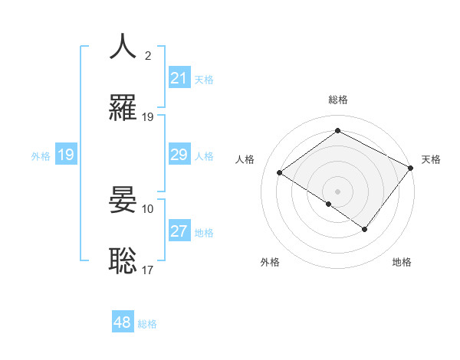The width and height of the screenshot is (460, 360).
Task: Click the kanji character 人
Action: coord(123,47)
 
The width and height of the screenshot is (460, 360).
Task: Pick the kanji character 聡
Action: coord(123,260)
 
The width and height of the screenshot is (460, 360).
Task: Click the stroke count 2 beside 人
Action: coord(148,56)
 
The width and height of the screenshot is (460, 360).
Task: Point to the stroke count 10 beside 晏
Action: coord(148,208)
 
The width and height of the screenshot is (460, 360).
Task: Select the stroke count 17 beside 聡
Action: coord(148,270)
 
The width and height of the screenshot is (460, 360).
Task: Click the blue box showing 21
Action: coord(179,78)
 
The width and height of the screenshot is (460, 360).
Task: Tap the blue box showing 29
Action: coord(179,155)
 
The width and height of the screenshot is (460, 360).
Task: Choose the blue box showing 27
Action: coord(179,231)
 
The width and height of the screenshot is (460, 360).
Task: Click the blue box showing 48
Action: coord(123,322)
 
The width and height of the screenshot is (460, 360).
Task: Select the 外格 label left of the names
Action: coord(41,155)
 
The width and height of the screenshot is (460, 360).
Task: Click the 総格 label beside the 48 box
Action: coord(147,324)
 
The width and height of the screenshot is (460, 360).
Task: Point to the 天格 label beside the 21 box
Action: coord(203,80)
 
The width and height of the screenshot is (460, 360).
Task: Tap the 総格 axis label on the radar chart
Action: coord(337,100)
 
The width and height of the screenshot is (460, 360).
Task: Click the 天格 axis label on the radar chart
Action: coord(431,159)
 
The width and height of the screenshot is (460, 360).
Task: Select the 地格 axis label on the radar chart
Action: coord(402,262)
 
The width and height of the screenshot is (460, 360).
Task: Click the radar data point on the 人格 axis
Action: coord(280,173)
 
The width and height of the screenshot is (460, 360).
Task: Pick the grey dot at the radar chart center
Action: coord(337,191)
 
